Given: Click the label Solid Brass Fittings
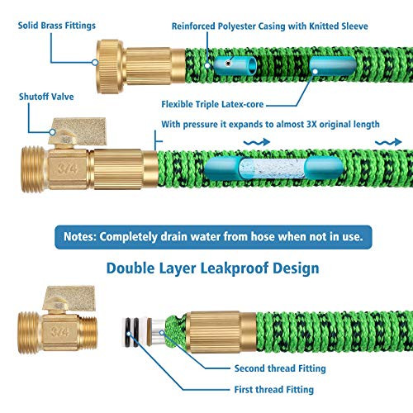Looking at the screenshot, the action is click(57, 26).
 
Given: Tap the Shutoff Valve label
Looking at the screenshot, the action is click(46, 97).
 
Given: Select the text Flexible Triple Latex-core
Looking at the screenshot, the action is click(212, 104).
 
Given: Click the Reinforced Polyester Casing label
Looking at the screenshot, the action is click(270, 26).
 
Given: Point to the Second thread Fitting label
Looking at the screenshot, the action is click(280, 368).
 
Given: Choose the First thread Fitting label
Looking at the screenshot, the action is click(274, 390).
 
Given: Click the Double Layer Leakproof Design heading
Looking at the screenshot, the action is click(213, 268).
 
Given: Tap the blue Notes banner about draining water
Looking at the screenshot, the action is click(213, 237).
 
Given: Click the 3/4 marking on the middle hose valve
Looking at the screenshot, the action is click(68, 169).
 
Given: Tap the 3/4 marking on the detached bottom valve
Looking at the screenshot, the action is click(60, 331).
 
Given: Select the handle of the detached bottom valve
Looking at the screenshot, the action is click(71, 299).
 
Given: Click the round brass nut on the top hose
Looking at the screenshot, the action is click(111, 67).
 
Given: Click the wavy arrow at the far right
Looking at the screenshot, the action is click(388, 142).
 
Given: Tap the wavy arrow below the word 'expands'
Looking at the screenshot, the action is click(257, 142).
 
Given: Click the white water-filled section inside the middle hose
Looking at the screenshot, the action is click(273, 169).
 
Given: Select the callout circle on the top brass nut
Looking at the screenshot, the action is click(95, 63).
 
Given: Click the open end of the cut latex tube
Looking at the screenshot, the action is click(252, 65).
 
